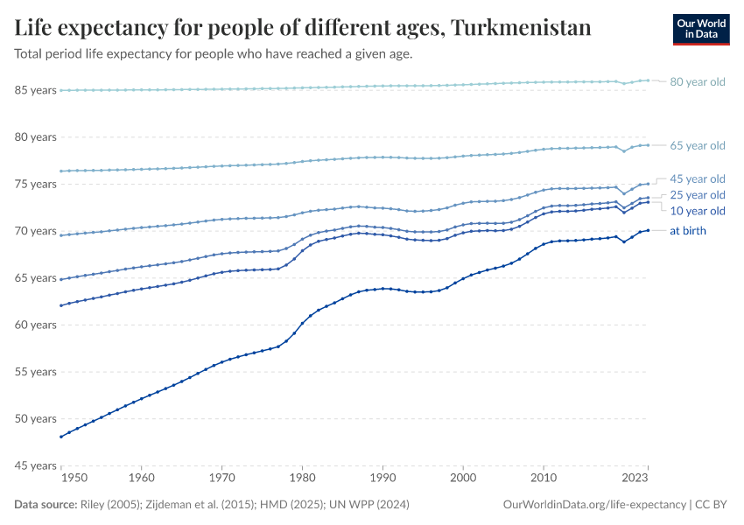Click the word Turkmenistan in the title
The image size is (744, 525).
[522, 28]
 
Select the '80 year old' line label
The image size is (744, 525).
[697, 82]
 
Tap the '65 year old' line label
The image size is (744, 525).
[697, 146]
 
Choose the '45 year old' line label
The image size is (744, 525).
[697, 178]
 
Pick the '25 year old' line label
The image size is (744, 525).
[697, 195]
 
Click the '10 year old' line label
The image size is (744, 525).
[697, 212]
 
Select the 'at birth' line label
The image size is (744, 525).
[687, 231]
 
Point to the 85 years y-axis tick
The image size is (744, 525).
[35, 90]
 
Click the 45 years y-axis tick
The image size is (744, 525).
[35, 465]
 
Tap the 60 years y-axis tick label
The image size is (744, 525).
[35, 325]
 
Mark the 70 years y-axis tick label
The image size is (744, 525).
[35, 231]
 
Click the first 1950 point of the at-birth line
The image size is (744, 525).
[60, 437]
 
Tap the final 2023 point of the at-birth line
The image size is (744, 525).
[648, 230]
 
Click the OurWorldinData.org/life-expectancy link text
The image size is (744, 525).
[595, 505]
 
